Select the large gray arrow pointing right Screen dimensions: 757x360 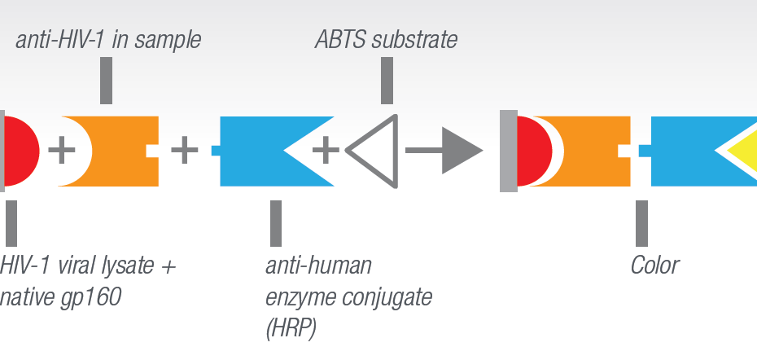coord(444,151)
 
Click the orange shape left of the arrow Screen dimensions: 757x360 coord(120,151)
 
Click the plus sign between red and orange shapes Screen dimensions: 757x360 coord(62,151)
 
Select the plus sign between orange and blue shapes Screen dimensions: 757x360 coord(185,151)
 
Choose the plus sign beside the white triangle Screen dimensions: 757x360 coord(326,151)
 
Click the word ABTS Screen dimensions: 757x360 coord(342,40)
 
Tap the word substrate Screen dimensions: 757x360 coord(414,40)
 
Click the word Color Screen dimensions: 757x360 coord(655,266)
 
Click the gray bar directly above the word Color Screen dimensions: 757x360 coord(641,223)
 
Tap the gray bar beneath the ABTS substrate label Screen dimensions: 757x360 coord(387,80)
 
